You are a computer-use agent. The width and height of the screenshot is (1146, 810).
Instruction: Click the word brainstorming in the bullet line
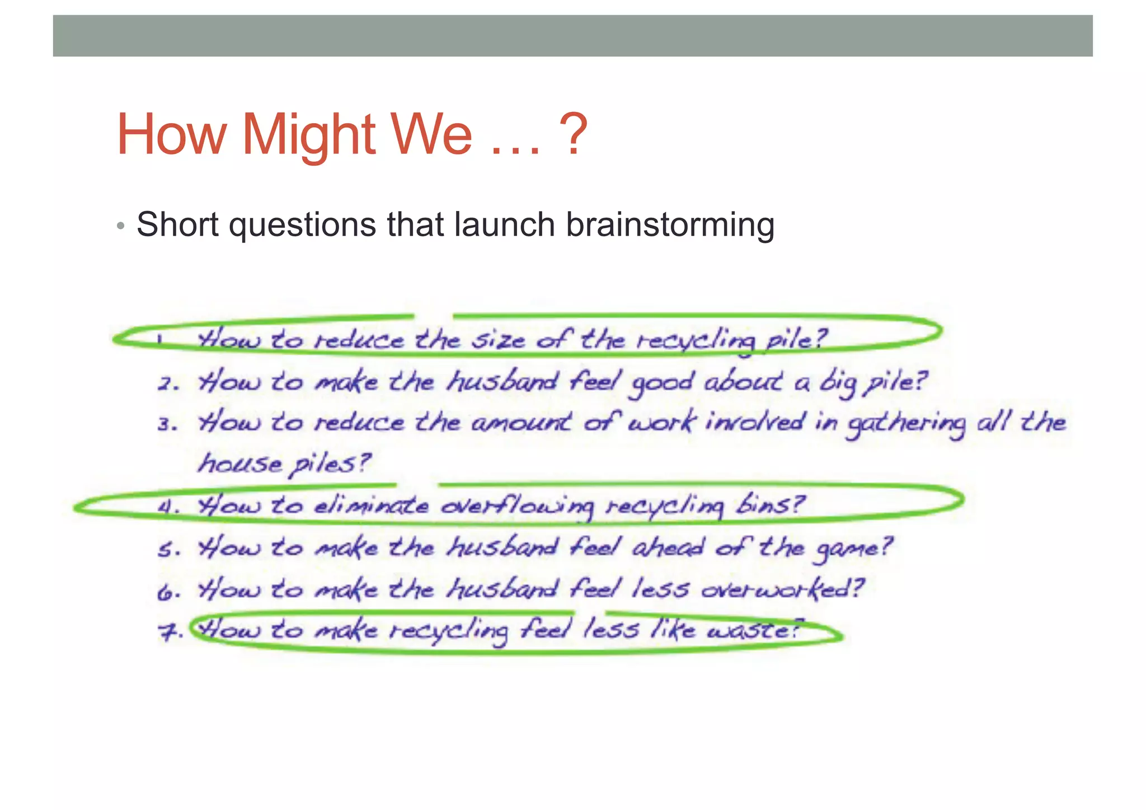[670, 225]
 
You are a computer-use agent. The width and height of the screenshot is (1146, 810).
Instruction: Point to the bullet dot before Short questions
[120, 226]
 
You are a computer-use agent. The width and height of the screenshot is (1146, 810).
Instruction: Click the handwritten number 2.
[167, 384]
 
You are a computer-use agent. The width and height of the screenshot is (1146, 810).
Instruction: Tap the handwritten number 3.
[167, 424]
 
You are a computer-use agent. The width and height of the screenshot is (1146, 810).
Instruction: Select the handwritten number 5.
[167, 550]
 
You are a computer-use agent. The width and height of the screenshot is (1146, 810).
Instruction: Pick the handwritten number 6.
[167, 591]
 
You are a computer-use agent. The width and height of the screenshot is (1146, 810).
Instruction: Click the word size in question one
[497, 340]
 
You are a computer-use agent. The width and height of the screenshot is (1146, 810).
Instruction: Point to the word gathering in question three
[905, 424]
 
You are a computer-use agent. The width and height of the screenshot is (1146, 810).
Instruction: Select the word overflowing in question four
[516, 506]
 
